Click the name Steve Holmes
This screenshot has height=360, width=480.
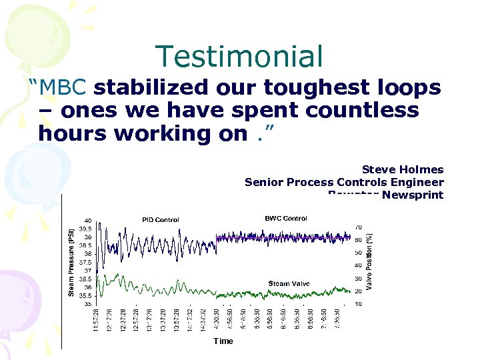402,170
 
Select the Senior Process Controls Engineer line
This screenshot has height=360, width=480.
344,182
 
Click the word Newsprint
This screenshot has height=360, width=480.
413,195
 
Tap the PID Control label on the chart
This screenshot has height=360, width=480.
160,219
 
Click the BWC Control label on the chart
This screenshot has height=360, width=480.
286,218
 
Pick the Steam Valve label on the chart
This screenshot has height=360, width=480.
289,283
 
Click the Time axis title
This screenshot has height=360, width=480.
223,341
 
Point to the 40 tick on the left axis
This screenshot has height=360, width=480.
87,221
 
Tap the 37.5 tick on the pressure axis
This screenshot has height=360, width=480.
85,262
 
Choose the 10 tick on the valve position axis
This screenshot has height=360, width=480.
357,304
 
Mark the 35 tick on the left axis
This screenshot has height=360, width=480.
87,303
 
